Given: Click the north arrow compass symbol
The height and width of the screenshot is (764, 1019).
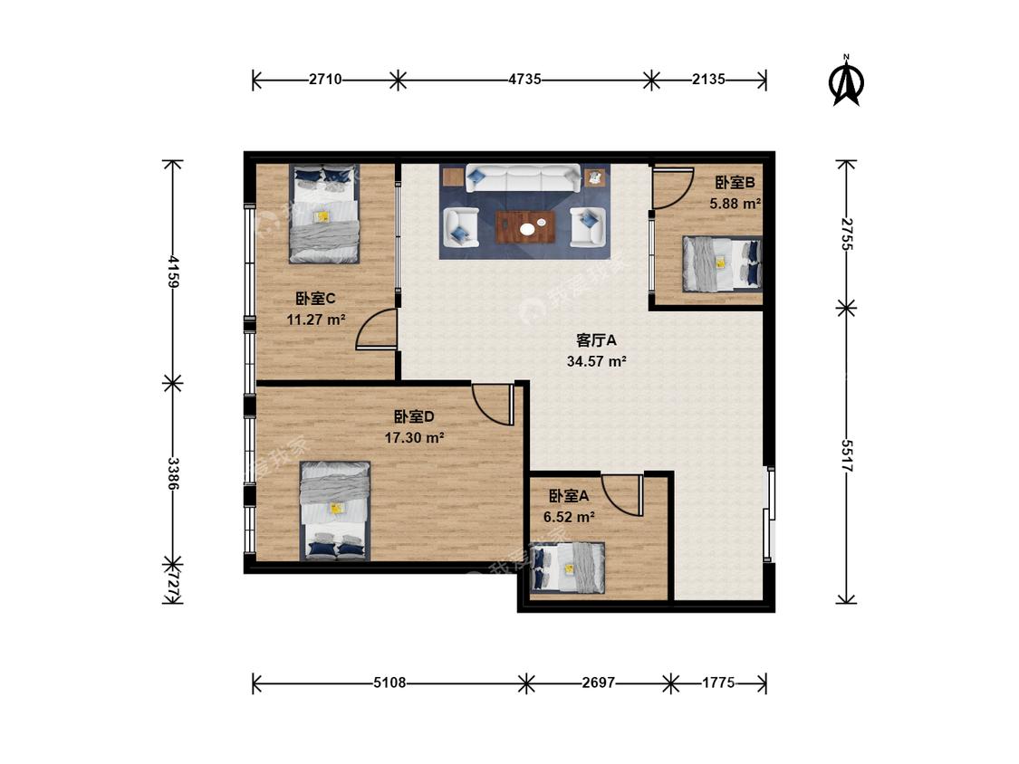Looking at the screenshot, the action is pos(846,81).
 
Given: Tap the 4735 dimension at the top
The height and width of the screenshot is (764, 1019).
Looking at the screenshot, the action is pos(524,80).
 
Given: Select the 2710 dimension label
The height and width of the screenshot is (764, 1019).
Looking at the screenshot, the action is pos(325,80).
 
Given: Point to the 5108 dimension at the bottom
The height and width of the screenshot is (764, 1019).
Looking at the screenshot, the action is pos(389,683).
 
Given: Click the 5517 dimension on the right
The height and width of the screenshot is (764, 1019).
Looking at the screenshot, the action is pos(846,455).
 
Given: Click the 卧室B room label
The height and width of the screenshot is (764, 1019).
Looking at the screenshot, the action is pos(735,183).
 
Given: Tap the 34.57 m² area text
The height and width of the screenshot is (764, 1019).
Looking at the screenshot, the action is pos(596,361).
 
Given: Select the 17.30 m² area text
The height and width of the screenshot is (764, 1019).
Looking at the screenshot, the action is pos(414,438).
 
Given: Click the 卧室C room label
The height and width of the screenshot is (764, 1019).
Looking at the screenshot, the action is pos(315,299).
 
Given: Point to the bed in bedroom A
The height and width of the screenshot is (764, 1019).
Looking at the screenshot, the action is pos(568,568).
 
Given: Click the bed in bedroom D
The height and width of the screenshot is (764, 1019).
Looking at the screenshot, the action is pos(334,511).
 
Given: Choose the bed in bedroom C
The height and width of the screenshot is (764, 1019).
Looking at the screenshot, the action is pos(324,214).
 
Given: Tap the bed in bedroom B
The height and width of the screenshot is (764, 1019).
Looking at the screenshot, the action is pos(721,263).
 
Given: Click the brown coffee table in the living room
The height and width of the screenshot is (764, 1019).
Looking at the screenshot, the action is pos(525,226).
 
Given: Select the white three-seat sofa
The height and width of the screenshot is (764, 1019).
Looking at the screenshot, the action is pos(523,178).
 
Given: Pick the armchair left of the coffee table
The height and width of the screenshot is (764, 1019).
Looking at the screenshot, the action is pos(461,227).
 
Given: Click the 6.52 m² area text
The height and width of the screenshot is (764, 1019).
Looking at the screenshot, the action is pos(570,517).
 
